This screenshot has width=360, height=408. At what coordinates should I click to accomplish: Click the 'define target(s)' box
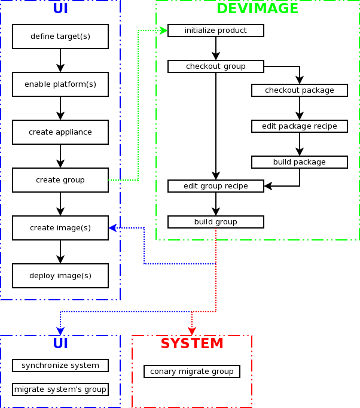click(x=60, y=36)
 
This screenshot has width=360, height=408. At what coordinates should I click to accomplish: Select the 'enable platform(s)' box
click(x=60, y=84)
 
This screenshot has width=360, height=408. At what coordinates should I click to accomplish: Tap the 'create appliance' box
click(x=60, y=132)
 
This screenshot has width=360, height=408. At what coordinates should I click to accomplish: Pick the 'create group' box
click(x=60, y=180)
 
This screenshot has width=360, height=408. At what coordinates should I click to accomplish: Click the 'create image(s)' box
click(x=60, y=228)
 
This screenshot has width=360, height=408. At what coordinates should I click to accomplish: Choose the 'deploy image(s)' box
click(x=60, y=276)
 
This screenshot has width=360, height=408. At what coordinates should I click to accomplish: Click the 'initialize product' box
click(x=216, y=31)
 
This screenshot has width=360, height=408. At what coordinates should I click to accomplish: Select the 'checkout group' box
click(x=216, y=66)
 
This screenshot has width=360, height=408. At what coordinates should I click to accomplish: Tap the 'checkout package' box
click(x=300, y=90)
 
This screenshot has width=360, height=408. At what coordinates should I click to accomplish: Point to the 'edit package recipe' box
click(x=300, y=126)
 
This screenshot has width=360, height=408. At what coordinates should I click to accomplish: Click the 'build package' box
click(x=300, y=162)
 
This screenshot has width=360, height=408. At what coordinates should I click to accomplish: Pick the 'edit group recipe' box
click(x=216, y=186)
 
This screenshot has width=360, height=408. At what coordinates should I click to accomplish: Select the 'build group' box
click(x=216, y=222)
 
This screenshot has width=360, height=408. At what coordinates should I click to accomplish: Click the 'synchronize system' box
click(x=60, y=366)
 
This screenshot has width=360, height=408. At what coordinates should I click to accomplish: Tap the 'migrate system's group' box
click(x=60, y=389)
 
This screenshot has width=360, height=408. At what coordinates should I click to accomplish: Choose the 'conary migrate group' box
click(x=192, y=372)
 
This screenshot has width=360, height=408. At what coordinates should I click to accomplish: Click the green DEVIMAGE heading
click(x=257, y=8)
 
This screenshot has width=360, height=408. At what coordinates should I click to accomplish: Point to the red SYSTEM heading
click(x=192, y=344)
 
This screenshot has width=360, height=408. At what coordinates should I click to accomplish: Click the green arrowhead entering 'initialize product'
click(x=163, y=31)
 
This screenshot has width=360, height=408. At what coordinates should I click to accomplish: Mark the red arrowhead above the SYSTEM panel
click(x=192, y=331)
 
